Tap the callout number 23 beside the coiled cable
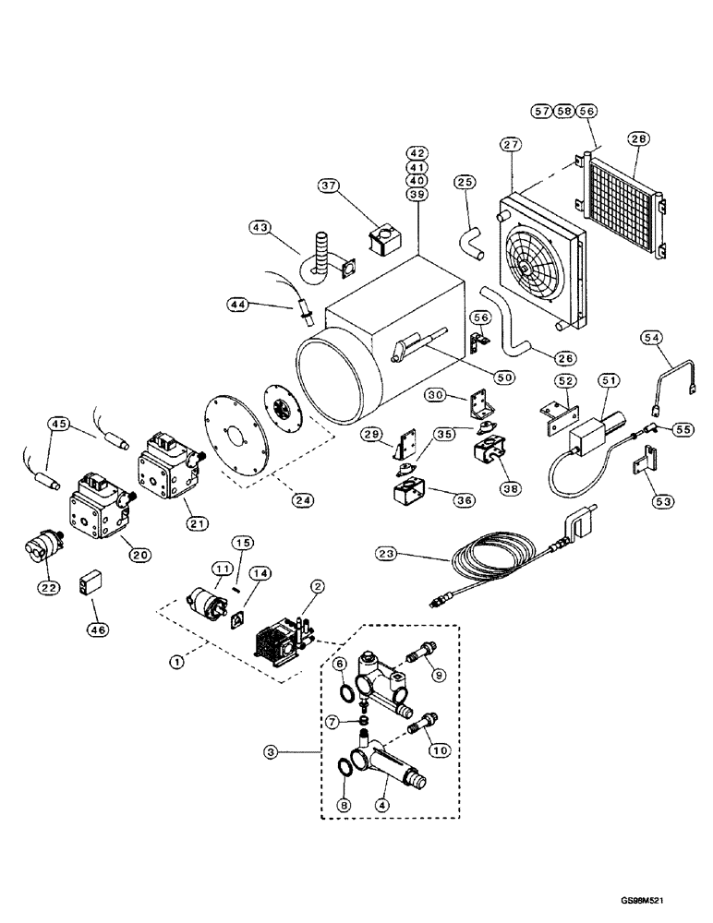click(389, 554)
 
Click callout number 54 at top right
click(651, 342)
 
